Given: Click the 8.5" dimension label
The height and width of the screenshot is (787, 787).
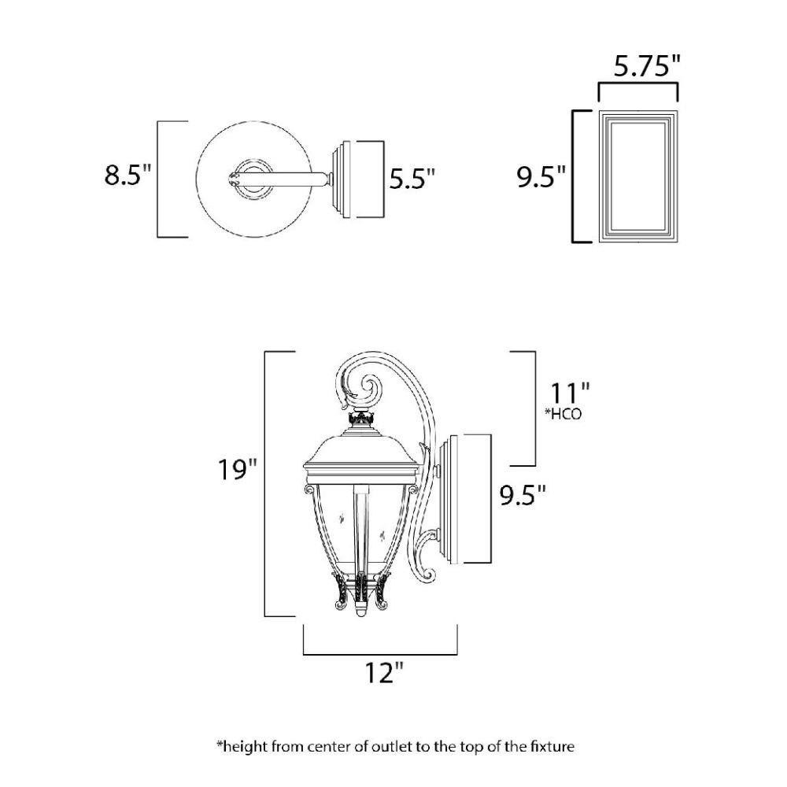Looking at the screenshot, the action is pyautogui.click(x=127, y=176).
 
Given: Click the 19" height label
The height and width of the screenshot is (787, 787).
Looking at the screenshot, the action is pyautogui.click(x=237, y=470).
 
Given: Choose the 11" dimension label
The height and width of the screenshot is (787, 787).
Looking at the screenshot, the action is pyautogui.click(x=570, y=393).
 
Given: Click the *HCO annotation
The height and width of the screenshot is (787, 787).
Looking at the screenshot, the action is pyautogui.click(x=563, y=414).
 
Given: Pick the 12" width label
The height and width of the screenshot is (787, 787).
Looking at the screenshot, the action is pyautogui.click(x=384, y=673).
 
